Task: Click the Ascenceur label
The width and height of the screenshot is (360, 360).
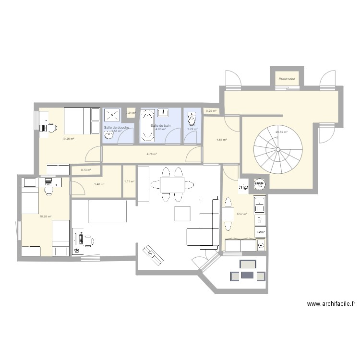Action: pyautogui.click(x=287, y=78)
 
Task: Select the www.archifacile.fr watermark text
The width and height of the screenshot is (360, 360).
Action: pyautogui.click(x=331, y=304)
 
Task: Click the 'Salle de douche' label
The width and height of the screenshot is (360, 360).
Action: pyautogui.click(x=116, y=127)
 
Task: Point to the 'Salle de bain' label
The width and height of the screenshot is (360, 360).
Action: pyautogui.click(x=161, y=126)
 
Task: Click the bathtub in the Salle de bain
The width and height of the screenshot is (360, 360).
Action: pyautogui.click(x=146, y=126)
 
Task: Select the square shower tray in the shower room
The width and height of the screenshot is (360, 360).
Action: pyautogui.click(x=112, y=115)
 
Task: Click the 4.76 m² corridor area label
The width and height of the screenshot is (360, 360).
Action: pyautogui.click(x=152, y=154)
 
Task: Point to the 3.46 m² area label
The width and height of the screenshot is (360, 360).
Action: pyautogui.click(x=99, y=184)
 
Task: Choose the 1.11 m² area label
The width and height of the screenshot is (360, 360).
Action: pyautogui.click(x=129, y=181)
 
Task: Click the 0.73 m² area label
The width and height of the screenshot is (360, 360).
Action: pyautogui.click(x=86, y=169)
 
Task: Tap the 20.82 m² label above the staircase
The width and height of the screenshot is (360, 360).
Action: pyautogui.click(x=281, y=132)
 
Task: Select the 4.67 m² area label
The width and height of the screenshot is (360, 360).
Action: pyautogui.click(x=221, y=140)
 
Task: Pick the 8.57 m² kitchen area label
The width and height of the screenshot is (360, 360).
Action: pyautogui.click(x=241, y=214)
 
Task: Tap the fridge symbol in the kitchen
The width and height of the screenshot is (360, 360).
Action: pyautogui.click(x=243, y=186)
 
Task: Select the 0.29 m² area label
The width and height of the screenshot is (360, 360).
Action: pyautogui.click(x=211, y=111)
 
